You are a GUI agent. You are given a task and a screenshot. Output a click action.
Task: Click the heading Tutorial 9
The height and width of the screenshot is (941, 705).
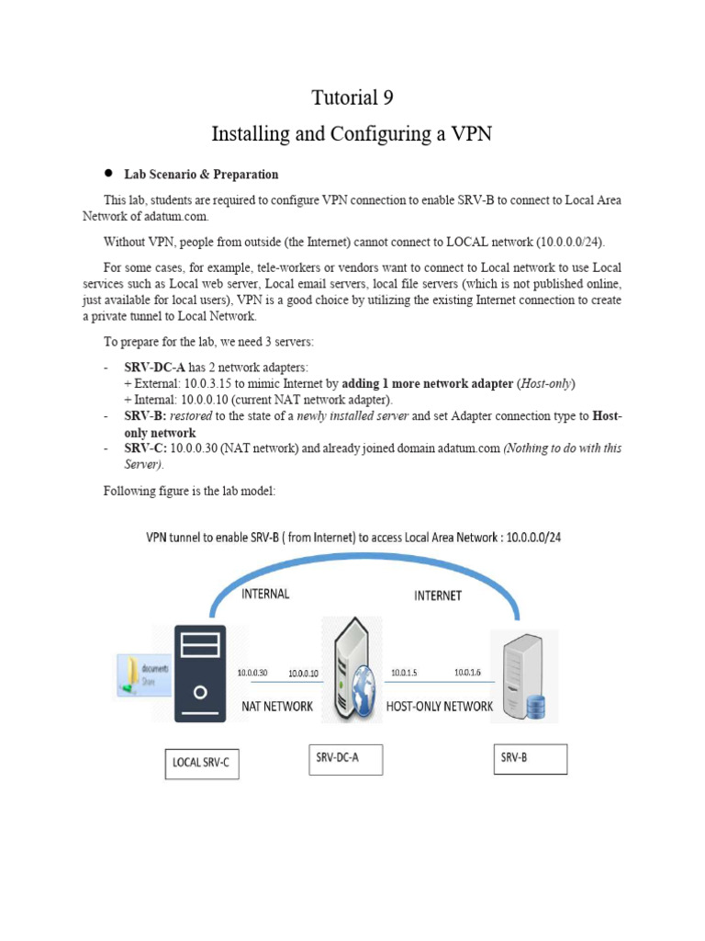point(352,97)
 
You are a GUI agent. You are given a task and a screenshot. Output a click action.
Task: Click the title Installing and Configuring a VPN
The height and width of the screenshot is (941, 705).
point(352,134)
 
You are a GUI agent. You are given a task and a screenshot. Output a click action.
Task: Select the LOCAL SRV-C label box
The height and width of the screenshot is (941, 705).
point(201,762)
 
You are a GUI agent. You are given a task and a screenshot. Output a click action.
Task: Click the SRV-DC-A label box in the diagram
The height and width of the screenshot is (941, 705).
point(343,758)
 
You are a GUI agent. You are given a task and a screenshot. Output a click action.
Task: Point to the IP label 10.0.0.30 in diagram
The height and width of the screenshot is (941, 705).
point(252,672)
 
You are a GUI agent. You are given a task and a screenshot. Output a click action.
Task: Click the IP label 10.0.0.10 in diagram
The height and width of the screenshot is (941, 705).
point(303,674)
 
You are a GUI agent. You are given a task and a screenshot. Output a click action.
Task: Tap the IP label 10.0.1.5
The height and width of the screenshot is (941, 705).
point(404,673)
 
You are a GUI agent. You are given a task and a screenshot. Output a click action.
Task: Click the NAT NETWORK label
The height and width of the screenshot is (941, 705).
point(277,707)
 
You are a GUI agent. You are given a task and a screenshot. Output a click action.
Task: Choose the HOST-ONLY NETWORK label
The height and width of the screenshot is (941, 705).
point(440,707)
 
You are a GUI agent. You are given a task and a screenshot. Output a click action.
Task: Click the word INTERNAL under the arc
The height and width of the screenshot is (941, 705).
point(265,594)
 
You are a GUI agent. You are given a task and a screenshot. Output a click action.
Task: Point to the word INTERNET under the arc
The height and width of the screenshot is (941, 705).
point(437,595)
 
